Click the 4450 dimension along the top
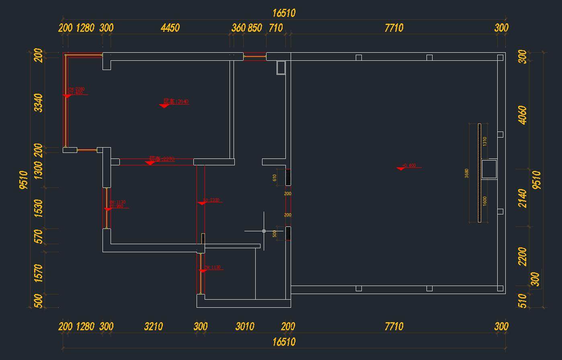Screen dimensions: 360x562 (x=170, y=28)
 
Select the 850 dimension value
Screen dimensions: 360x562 (x=255, y=28)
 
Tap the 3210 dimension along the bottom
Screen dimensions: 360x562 (x=154, y=326)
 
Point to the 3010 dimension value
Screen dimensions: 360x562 (x=244, y=326)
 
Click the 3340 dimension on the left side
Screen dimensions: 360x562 (x=38, y=103)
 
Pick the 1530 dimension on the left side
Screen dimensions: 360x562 (x=38, y=208)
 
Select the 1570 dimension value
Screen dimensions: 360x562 (x=38, y=273)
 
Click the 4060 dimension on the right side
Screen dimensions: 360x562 (x=522, y=115)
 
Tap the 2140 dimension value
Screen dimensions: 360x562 (x=522, y=198)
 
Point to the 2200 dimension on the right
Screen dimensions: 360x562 (x=522, y=256)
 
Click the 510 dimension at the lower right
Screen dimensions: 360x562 (x=522, y=300)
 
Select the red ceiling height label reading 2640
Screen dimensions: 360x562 (x=176, y=102)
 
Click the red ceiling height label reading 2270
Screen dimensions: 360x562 (x=162, y=159)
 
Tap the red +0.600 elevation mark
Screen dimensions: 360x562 (x=409, y=166)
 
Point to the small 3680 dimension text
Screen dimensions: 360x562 (x=467, y=173)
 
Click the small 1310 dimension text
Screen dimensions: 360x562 (x=485, y=141)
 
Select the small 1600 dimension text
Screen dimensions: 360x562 (x=485, y=201)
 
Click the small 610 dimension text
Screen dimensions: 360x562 (x=275, y=177)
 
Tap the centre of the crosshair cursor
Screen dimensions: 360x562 (x=264, y=231)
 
